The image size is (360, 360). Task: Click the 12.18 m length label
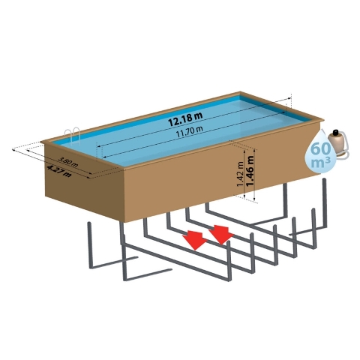(185, 118)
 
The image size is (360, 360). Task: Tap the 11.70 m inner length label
(190, 131)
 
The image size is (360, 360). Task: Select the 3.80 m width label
(68, 162)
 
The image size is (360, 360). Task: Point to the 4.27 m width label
(59, 171)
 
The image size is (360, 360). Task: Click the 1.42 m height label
(240, 174)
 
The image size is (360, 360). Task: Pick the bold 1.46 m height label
(250, 171)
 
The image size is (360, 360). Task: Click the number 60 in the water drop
(320, 149)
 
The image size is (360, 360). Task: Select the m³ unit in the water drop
(321, 163)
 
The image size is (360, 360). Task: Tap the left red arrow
(196, 240)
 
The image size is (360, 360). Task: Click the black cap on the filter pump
(336, 132)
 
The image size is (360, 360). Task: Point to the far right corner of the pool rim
(324, 120)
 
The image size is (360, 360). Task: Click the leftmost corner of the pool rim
(41, 142)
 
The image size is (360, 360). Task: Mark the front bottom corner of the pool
(124, 222)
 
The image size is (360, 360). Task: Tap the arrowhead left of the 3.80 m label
(28, 151)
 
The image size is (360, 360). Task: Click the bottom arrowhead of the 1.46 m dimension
(254, 199)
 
